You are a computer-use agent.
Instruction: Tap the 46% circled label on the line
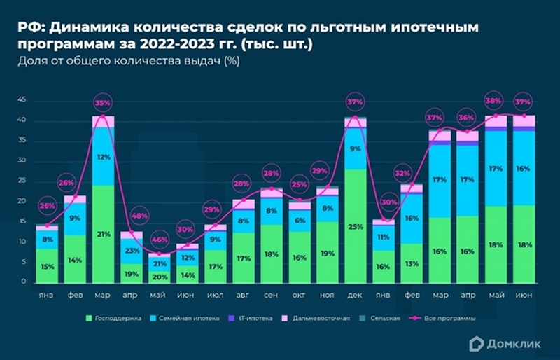click(x=160, y=240)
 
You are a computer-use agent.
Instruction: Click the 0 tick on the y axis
click(x=24, y=282)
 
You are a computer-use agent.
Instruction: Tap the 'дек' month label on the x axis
click(x=356, y=295)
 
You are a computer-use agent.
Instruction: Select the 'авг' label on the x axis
click(x=244, y=295)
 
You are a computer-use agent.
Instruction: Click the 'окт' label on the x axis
click(x=300, y=295)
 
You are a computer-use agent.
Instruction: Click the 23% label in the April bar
click(x=132, y=250)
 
